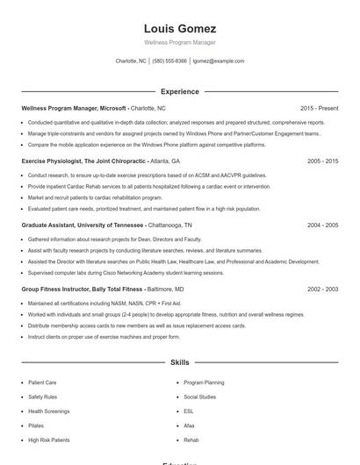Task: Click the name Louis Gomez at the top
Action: click(x=179, y=28)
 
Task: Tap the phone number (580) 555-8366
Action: click(x=169, y=61)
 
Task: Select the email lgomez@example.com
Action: click(x=219, y=61)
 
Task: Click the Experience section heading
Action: click(x=179, y=91)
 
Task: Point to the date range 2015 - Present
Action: click(x=319, y=108)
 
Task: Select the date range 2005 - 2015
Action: click(x=322, y=161)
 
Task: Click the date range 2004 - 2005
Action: click(x=322, y=225)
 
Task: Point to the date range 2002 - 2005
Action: click(x=322, y=289)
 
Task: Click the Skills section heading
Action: click(x=179, y=361)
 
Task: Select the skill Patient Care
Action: click(x=42, y=383)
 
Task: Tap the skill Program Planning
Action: click(x=204, y=383)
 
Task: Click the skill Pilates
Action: click(x=37, y=425)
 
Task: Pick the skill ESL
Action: click(x=189, y=411)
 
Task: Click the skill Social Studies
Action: click(x=199, y=397)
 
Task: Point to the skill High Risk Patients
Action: click(x=48, y=439)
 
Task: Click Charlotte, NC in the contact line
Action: click(x=131, y=61)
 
